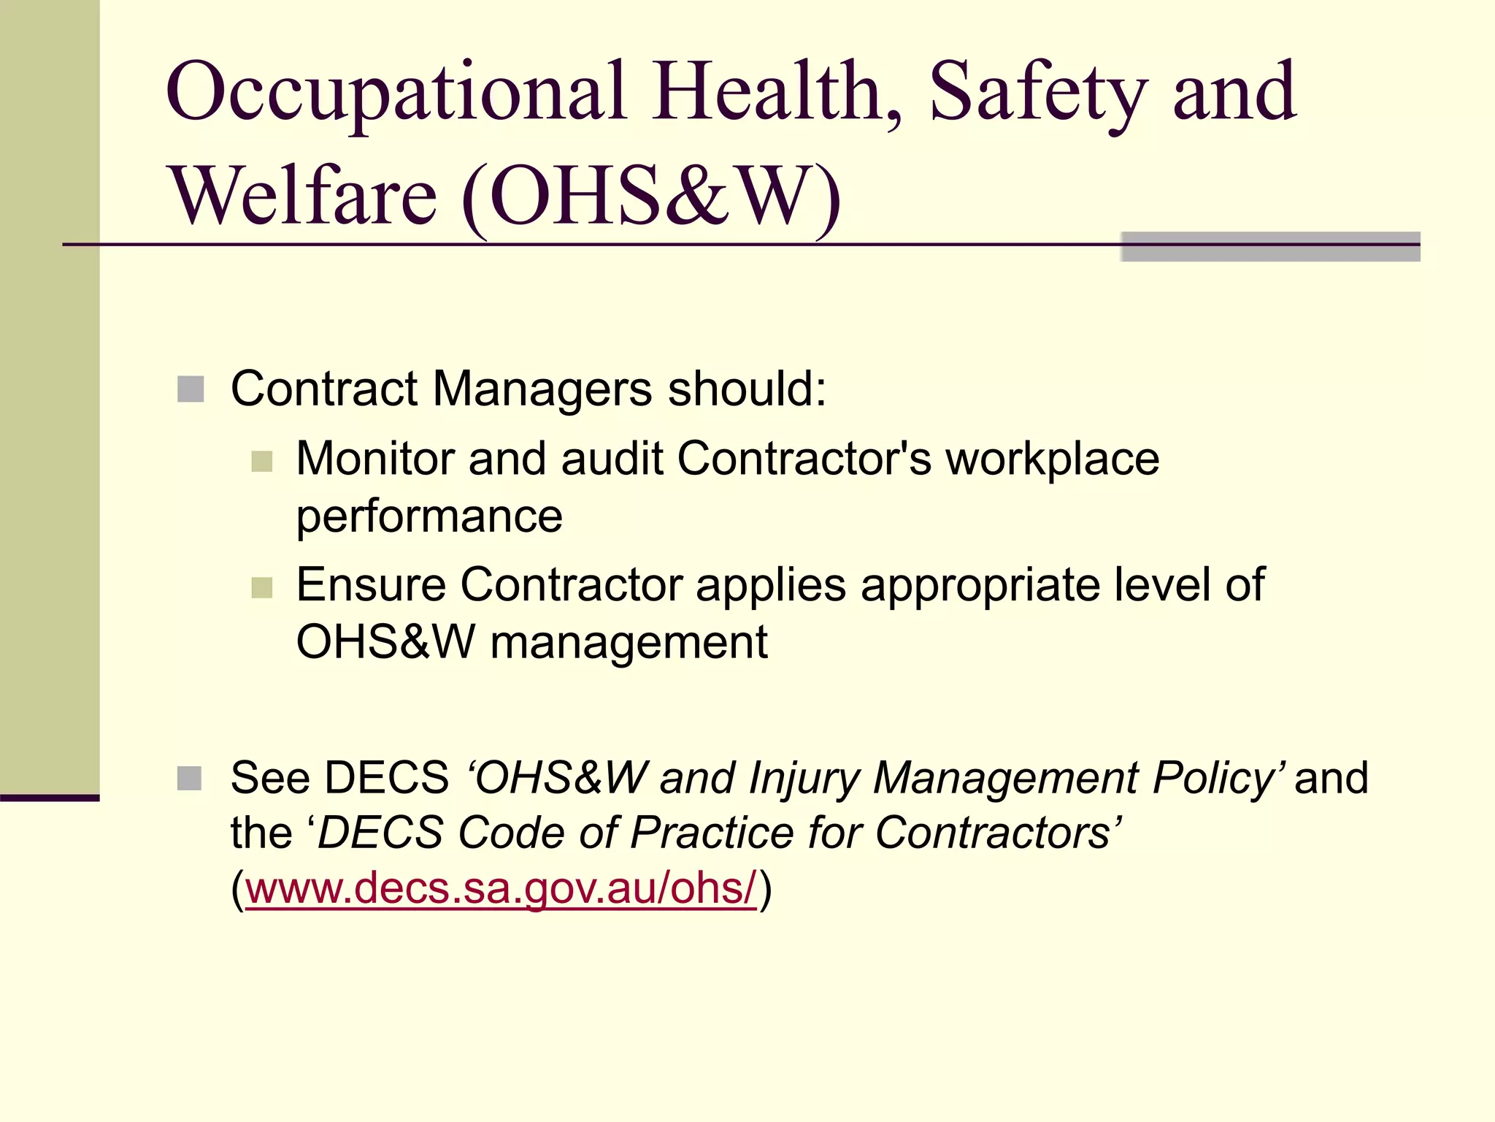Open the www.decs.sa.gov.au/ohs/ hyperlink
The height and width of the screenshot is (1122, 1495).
[501, 888]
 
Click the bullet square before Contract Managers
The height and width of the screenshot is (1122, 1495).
[191, 389]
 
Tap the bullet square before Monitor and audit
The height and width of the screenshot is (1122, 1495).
[261, 461]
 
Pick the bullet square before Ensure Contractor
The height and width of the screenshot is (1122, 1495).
[261, 587]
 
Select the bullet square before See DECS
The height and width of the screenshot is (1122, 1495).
[190, 779]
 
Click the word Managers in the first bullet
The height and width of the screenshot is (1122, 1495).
[542, 389]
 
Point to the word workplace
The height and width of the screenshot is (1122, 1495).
[1053, 459]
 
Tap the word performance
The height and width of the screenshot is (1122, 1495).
[429, 517]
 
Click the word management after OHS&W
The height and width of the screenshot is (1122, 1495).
[629, 643]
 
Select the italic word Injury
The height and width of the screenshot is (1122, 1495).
[804, 778]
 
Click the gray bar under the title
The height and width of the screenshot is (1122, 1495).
[1270, 247]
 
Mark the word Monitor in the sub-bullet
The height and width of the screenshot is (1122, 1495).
[374, 459]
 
